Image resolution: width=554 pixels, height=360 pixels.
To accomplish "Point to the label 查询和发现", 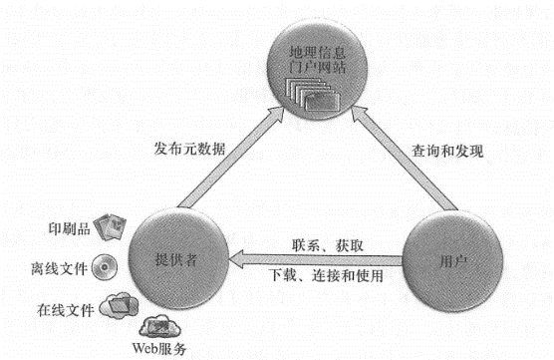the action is point(447,152).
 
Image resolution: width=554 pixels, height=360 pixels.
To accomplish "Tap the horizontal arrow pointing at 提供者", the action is point(319,258).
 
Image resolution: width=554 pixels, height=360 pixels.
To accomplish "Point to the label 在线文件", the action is point(62,309).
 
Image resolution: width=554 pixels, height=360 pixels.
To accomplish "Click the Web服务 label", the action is point(159,350).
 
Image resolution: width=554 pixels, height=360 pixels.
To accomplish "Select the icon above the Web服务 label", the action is point(159,325).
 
